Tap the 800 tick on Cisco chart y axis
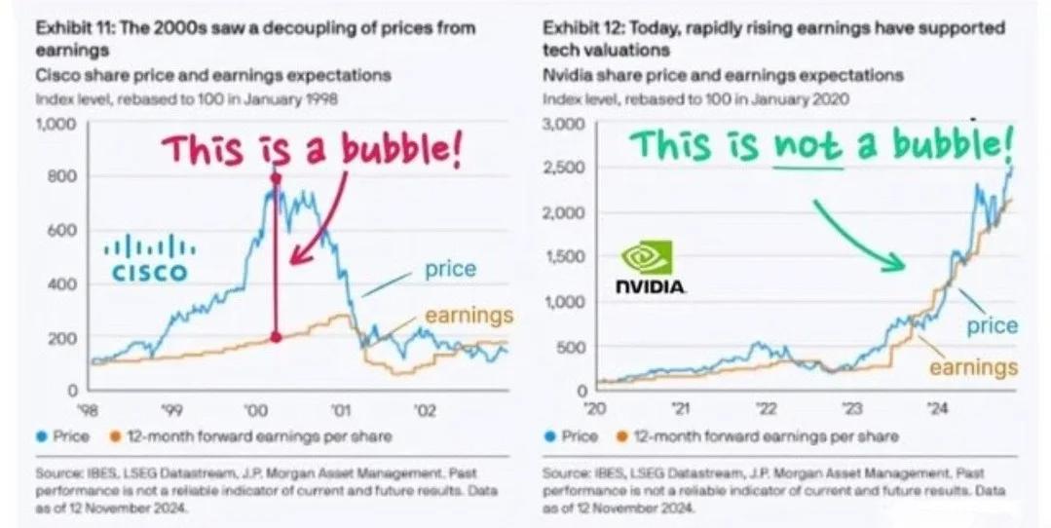point(62,176)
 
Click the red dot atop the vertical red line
point(276,178)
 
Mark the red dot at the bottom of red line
point(276,337)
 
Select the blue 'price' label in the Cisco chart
point(449,269)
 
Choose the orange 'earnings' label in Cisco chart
point(469,315)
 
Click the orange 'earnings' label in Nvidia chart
point(973,367)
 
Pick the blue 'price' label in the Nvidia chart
point(992,325)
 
